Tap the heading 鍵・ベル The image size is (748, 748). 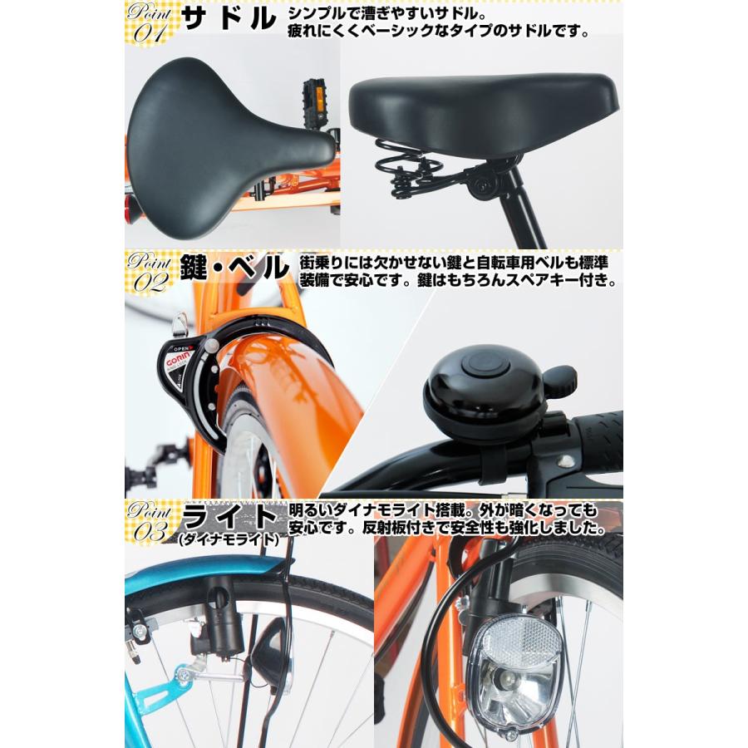coord(235,269)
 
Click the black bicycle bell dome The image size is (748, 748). coord(473,382)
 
